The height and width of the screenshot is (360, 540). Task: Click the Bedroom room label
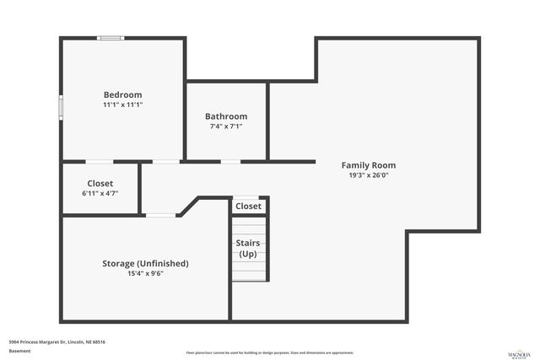122,95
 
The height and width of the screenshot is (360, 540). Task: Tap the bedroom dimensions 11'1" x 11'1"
122,105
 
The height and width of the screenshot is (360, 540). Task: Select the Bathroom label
226,116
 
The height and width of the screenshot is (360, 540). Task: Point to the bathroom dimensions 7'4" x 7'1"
226,126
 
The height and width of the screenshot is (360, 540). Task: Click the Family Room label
368,165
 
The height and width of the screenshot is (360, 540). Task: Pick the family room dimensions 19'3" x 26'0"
368,175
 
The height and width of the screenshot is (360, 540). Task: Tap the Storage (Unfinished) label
145,263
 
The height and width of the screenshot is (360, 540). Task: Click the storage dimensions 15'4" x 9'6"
145,273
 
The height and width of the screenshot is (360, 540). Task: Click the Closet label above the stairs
248,206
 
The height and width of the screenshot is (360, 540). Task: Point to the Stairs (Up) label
248,249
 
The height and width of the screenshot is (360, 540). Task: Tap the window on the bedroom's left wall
60,108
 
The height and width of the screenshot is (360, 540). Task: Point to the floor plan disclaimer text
270,352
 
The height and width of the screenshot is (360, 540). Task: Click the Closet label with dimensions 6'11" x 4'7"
100,183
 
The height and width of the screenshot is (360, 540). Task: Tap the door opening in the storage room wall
161,216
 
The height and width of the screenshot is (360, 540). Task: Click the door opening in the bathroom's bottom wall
229,161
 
